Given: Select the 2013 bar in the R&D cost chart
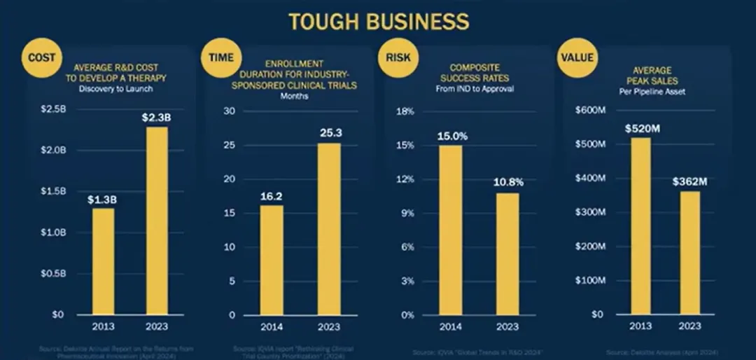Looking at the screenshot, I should coord(103,261).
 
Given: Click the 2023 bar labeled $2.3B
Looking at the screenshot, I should coord(157,220).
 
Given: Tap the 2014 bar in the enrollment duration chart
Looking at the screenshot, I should coord(272,260).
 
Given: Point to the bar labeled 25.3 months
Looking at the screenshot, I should coord(328,229).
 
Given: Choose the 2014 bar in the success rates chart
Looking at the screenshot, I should coord(451,230).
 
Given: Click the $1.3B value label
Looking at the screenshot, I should coord(103,200).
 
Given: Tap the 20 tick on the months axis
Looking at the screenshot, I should coord(227,179).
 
